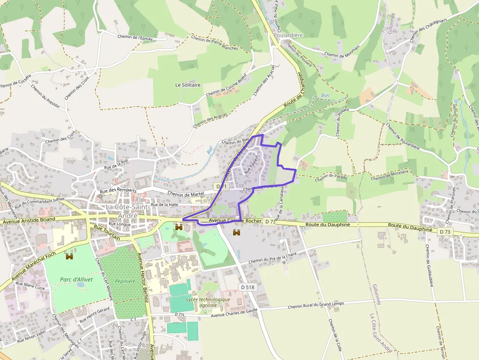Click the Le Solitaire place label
point(188,85)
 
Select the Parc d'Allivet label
point(76,279)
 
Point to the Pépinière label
point(125,281)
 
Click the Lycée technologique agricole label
point(208,302)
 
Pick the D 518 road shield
point(247,287)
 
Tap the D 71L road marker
point(180,314)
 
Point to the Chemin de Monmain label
point(342,51)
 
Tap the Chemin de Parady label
point(331,177)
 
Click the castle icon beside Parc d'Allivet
point(69,256)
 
